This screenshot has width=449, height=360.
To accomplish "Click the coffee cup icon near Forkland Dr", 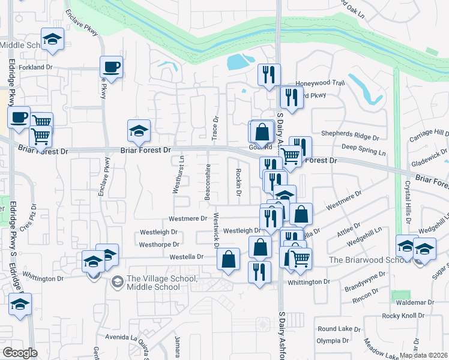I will click(110, 67).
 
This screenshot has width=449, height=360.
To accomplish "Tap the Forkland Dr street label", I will click(40, 68).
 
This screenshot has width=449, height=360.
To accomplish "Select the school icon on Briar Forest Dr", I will click(139, 131).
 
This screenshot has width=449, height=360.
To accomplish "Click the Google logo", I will click(20, 353).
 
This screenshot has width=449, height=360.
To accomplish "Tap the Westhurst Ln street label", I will click(176, 175).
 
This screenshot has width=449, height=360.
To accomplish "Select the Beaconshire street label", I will click(208, 184).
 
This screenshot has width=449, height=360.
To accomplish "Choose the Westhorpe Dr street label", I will click(159, 244).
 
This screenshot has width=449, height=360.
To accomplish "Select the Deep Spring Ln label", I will click(362, 146).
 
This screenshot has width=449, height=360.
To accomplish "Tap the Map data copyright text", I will click(424, 355).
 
